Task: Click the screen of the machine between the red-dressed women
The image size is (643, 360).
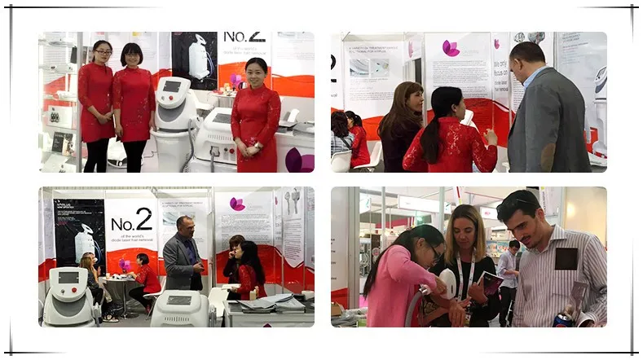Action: click(x=172, y=86)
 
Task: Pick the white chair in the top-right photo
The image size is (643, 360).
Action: click(x=341, y=160)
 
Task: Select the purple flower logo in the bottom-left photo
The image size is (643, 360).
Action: click(x=237, y=204)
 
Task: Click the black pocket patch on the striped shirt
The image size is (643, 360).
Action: click(x=566, y=258)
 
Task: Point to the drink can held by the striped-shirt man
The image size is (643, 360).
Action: click(x=562, y=319)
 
